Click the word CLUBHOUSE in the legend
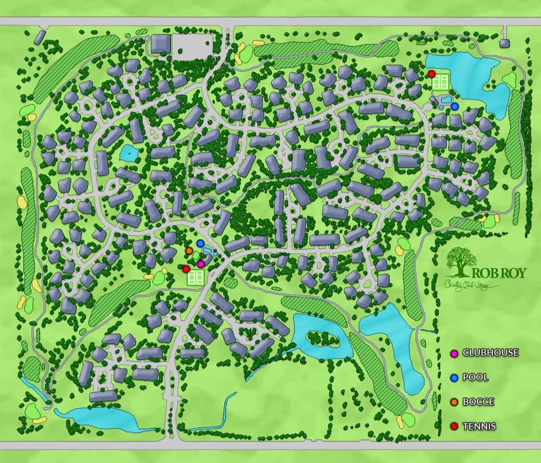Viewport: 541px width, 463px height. pyautogui.click(x=490, y=353)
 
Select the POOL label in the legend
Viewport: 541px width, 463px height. pyautogui.click(x=475, y=378)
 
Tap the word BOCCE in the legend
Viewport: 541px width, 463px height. pyautogui.click(x=478, y=402)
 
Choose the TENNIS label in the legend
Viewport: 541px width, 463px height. pyautogui.click(x=479, y=426)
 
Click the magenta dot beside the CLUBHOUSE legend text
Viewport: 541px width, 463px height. pyautogui.click(x=455, y=353)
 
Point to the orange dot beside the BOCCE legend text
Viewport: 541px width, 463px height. pyautogui.click(x=455, y=402)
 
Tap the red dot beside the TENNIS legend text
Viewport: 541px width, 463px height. pyautogui.click(x=455, y=427)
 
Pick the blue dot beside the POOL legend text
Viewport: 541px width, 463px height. pyautogui.click(x=455, y=378)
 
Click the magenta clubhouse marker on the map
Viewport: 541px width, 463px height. pyautogui.click(x=201, y=264)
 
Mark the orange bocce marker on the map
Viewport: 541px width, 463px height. pyautogui.click(x=189, y=251)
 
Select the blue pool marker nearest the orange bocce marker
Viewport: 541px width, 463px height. pyautogui.click(x=200, y=244)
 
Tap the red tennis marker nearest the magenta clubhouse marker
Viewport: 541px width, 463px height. pyautogui.click(x=186, y=269)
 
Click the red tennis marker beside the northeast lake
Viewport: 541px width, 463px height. pyautogui.click(x=432, y=74)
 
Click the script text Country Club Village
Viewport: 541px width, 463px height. pyautogui.click(x=471, y=285)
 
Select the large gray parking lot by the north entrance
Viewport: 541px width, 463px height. pyautogui.click(x=192, y=45)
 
